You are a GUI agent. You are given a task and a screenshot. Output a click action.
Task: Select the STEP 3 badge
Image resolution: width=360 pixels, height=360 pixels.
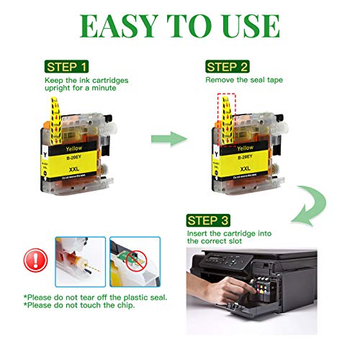210,220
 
